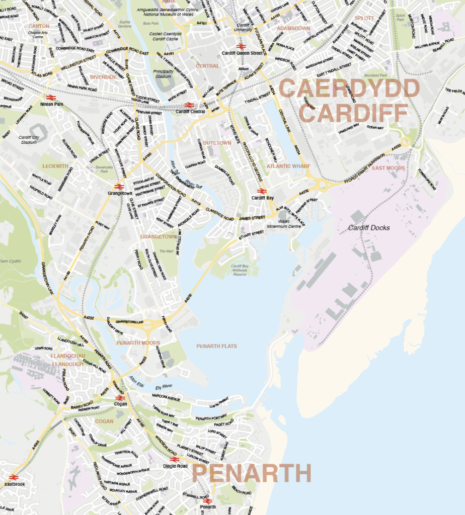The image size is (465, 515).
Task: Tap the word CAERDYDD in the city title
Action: click(x=349, y=89)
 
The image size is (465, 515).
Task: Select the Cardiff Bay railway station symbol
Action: click(x=262, y=191)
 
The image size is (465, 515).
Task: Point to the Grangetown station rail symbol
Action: click(x=119, y=186)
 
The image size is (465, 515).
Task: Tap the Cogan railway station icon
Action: click(x=120, y=397)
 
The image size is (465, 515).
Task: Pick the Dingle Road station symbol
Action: click(x=175, y=459)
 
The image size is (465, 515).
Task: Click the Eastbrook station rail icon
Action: click(x=14, y=477)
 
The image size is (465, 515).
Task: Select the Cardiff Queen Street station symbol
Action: click(x=240, y=46)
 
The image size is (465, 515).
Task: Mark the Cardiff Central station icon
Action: click(x=189, y=105)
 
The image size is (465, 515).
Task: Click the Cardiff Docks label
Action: click(x=369, y=228)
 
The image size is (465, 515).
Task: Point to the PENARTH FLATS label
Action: click(x=216, y=346)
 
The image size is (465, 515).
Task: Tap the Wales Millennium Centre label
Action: click(x=287, y=224)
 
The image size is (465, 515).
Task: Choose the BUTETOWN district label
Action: click(x=217, y=143)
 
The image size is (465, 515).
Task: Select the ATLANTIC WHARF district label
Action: click(x=288, y=166)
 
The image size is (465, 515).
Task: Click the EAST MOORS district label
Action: click(x=388, y=168)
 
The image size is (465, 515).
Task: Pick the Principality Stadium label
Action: click(x=163, y=74)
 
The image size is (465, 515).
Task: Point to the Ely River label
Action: click(x=164, y=387)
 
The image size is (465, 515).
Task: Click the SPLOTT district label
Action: click(x=364, y=18)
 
